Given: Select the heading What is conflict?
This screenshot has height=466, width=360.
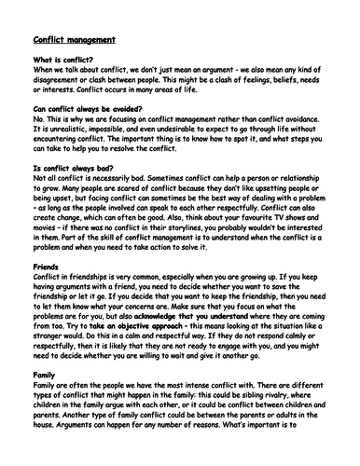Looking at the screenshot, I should pos(57,61).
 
